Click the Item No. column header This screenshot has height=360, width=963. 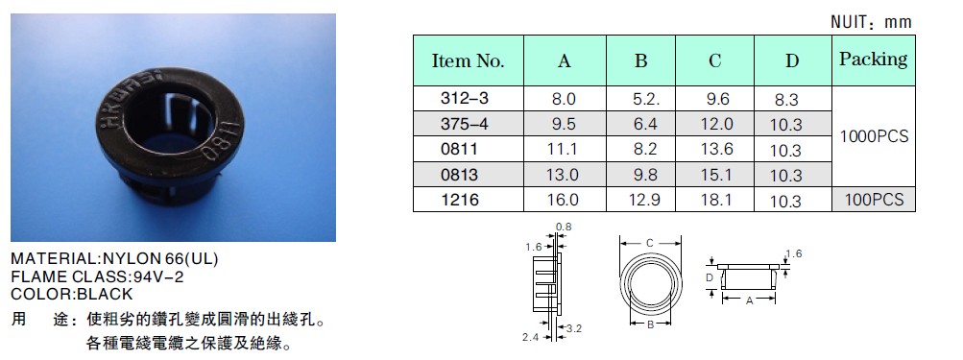point(468,60)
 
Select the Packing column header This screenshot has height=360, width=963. point(874,60)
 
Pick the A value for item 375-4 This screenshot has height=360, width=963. point(564,124)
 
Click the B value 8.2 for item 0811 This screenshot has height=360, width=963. point(645,150)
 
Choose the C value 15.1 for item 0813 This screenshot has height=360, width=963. point(716,175)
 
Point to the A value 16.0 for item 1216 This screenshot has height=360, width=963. point(563,201)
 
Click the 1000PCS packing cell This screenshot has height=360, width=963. point(874,136)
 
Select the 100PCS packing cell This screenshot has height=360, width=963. point(874,200)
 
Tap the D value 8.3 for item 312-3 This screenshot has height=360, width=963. point(786,100)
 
